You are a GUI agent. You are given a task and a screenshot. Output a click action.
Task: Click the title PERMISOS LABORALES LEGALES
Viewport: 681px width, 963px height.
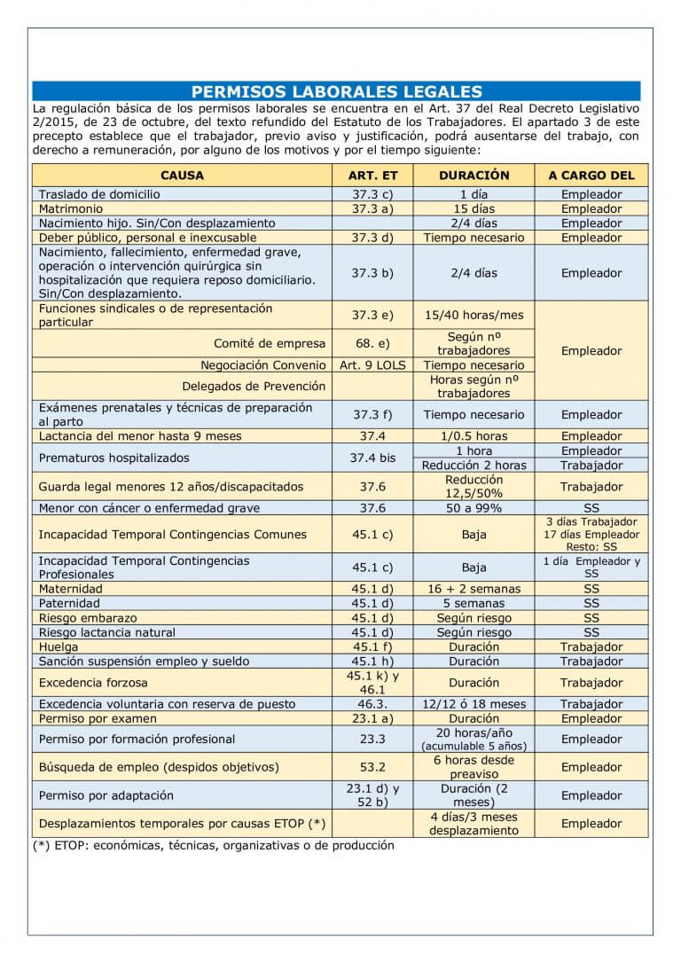(x=336, y=91)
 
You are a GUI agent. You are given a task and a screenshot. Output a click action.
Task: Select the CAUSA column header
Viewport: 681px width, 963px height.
(x=182, y=176)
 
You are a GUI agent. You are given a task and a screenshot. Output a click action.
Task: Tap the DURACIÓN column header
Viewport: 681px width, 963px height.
(x=474, y=176)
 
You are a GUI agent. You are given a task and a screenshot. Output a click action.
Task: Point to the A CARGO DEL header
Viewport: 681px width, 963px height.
(x=591, y=176)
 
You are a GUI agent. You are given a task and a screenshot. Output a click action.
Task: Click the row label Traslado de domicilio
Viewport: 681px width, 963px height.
(x=99, y=194)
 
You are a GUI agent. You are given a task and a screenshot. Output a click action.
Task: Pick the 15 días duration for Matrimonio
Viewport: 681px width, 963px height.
(x=474, y=209)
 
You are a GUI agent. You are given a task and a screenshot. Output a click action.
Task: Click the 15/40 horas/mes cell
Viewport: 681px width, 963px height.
(x=474, y=315)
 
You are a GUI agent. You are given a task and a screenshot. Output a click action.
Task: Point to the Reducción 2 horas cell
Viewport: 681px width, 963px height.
(x=474, y=466)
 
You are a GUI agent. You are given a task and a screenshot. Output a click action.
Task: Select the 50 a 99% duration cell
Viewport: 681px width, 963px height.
(x=474, y=508)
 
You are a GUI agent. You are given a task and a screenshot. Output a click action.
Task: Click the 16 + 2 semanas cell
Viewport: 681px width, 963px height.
(x=474, y=589)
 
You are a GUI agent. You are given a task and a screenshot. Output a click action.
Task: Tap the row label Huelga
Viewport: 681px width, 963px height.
(x=59, y=647)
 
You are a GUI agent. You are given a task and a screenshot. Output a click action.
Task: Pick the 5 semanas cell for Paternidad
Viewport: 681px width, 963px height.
(x=474, y=604)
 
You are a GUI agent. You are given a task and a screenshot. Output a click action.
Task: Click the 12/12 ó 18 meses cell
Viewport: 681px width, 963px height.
(x=474, y=704)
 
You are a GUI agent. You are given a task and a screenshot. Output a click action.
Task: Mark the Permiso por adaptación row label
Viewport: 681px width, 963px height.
(x=106, y=795)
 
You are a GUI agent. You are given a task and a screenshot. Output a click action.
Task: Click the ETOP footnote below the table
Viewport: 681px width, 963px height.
(x=213, y=846)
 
